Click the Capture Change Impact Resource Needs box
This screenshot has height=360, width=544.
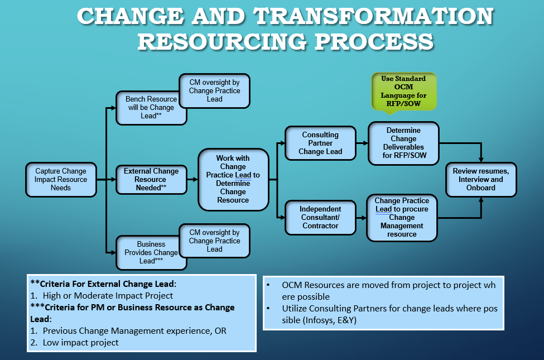pos(61,180)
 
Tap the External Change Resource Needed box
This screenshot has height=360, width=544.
pos(150,180)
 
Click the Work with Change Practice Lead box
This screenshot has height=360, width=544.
pos(233,179)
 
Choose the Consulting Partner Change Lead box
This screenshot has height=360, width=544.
pos(320,143)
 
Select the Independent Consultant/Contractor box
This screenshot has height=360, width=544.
pos(320,218)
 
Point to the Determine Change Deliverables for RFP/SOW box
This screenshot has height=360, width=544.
pos(403,143)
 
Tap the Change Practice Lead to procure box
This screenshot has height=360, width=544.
pos(402,218)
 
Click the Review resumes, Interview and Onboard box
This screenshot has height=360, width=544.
pos(481,180)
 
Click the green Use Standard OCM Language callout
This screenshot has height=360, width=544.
pos(403,91)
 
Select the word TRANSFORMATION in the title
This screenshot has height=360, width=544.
pos(373,17)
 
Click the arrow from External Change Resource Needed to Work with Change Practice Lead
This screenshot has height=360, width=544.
pos(191,180)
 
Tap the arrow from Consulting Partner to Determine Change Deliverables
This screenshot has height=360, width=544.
pos(362,143)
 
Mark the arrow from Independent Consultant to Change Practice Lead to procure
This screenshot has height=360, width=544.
pos(360,218)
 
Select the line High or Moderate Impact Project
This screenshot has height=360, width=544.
pos(108,296)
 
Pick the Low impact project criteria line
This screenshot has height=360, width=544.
pos(80,343)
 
